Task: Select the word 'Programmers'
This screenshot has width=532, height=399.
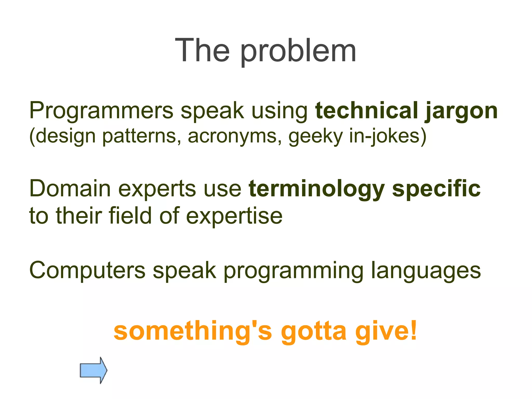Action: (x=101, y=111)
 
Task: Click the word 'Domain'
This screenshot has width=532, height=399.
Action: (x=70, y=189)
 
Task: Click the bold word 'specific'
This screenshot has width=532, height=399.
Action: (x=436, y=190)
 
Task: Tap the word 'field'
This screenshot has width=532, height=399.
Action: (x=130, y=215)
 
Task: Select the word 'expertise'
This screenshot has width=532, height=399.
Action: (x=234, y=216)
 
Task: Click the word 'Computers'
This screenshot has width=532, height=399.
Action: (x=87, y=270)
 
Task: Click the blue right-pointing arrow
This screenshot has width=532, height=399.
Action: (x=93, y=370)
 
